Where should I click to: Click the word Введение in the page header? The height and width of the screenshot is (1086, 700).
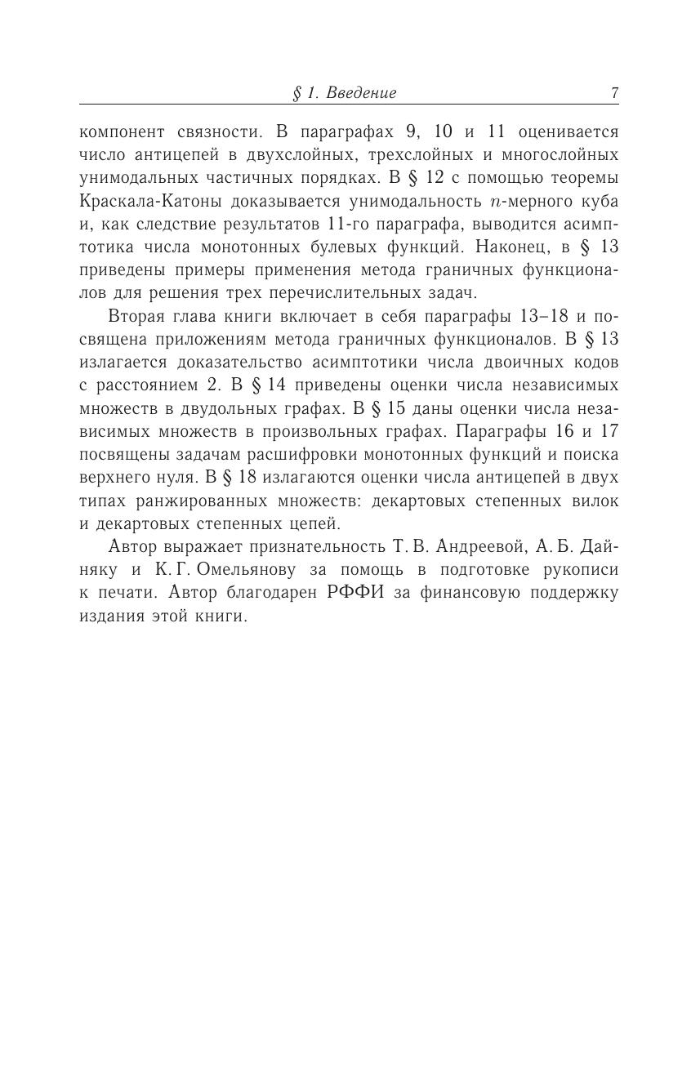(361, 93)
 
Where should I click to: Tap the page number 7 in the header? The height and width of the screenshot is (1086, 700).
(614, 93)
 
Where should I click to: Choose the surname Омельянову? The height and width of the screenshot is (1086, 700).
(202, 570)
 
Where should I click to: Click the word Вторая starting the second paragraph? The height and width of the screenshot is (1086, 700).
(136, 316)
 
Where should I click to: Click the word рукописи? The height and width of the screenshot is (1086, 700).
(585, 570)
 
